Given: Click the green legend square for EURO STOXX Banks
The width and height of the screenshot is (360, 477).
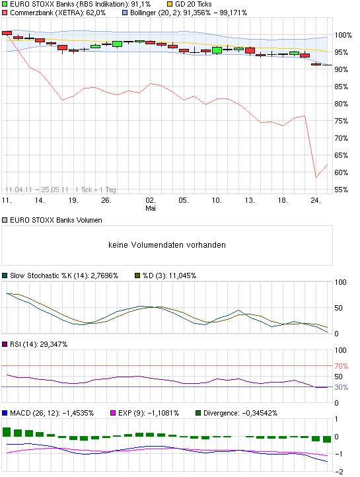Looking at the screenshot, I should point(5,4).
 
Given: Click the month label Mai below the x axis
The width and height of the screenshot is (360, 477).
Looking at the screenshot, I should point(151,208).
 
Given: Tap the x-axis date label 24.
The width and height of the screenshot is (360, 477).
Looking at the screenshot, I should point(316,200).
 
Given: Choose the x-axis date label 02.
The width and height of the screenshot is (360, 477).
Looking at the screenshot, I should point(151,200).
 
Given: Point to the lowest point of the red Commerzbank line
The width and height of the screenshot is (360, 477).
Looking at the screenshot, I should point(316,177).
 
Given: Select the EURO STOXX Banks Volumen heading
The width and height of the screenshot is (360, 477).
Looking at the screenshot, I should point(52,220).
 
